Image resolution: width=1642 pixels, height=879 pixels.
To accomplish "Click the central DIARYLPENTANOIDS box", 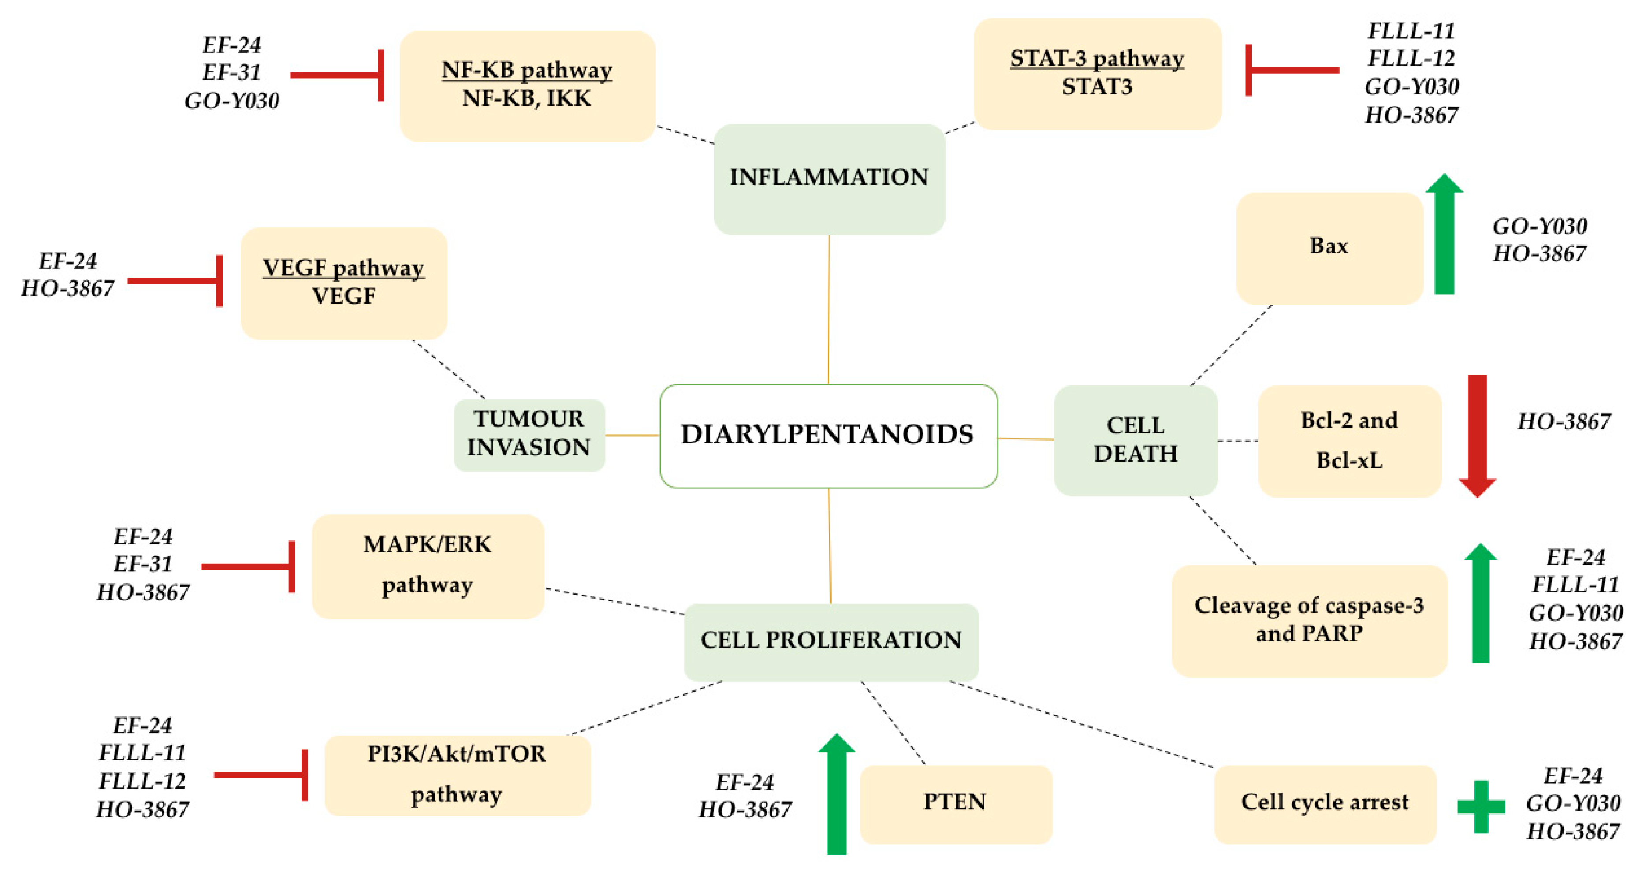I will point(828,436).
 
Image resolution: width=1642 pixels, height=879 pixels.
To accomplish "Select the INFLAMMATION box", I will point(829,179).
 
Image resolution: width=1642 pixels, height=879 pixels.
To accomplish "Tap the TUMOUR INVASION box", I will point(529,435).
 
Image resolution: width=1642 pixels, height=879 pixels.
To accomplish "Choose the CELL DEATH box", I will point(1135,440).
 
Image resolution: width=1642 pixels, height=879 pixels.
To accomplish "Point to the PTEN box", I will point(955,803).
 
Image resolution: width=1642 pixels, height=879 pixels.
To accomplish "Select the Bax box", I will point(1329,247).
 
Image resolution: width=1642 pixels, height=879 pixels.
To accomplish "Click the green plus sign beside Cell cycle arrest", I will point(1481,806).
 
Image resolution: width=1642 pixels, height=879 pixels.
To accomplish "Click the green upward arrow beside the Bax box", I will point(1444,236).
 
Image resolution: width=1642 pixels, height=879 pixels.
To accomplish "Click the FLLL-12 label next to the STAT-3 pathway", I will point(1411,59).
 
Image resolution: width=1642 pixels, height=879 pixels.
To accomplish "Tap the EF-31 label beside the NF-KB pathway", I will point(231,73).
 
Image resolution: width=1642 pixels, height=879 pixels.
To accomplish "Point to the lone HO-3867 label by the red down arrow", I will point(1564,422).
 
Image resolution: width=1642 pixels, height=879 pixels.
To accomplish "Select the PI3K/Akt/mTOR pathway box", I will point(457,775).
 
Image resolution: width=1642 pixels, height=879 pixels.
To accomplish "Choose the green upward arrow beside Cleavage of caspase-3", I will point(1480,604).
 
